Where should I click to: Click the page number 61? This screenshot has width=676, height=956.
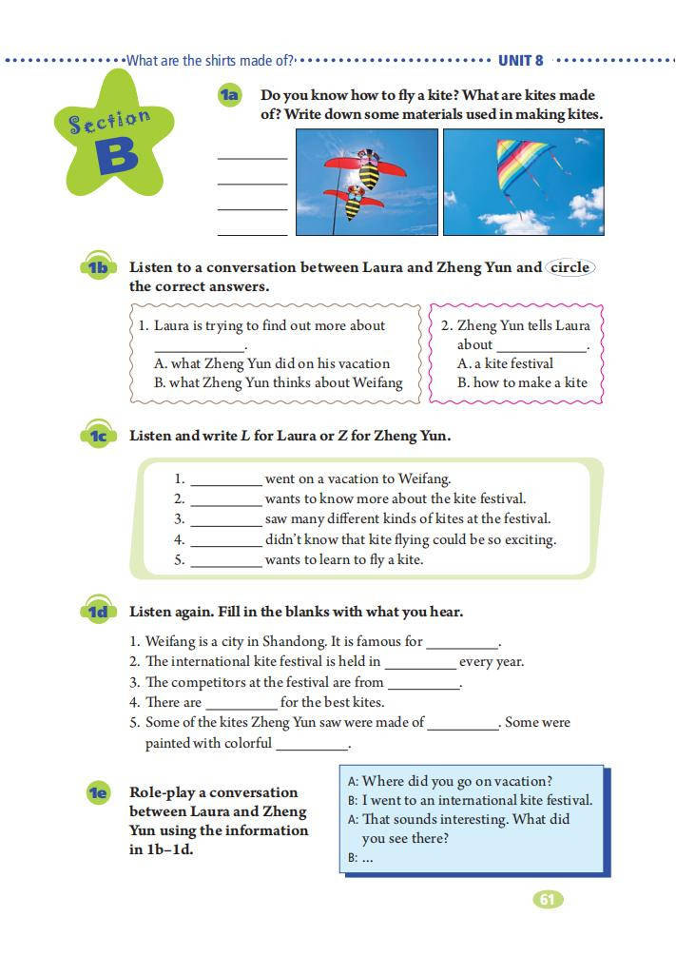[548, 899]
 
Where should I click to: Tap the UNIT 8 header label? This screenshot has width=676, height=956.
[521, 61]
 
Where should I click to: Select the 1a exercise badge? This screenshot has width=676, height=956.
[229, 95]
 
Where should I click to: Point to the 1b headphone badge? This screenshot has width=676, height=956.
[99, 268]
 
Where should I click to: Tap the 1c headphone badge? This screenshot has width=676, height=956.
[99, 437]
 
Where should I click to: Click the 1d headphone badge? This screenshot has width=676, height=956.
[99, 612]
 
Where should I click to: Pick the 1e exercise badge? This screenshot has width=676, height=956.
[98, 792]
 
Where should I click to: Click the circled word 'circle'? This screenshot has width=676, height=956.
[570, 267]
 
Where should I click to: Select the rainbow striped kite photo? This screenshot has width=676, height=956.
[523, 182]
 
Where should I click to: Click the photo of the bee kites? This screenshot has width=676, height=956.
[367, 182]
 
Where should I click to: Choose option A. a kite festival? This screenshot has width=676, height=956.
[505, 363]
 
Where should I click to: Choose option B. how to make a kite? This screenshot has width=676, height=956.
[522, 382]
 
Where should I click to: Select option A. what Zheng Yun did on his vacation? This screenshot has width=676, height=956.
[272, 363]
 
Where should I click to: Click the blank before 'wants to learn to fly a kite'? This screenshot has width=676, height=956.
[225, 562]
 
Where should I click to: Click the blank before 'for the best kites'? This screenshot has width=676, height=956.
[241, 705]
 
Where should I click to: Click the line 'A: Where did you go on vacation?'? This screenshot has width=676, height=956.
[451, 782]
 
